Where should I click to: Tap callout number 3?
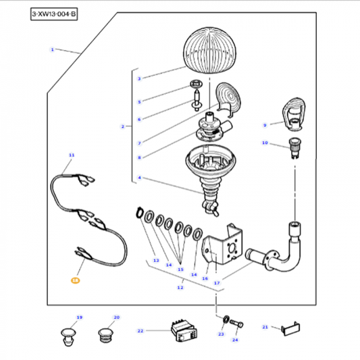tap(139, 79)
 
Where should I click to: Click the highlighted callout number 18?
tap(76, 279)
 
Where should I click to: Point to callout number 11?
tap(71, 155)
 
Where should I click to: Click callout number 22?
tap(140, 331)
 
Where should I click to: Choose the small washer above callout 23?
tap(224, 318)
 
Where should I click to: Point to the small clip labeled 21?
tap(291, 328)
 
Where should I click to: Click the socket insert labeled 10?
tap(294, 147)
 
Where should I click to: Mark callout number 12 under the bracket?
tap(180, 288)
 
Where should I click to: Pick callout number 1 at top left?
tap(52, 49)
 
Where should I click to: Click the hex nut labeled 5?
tap(196, 86)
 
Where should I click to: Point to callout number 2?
tap(122, 126)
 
